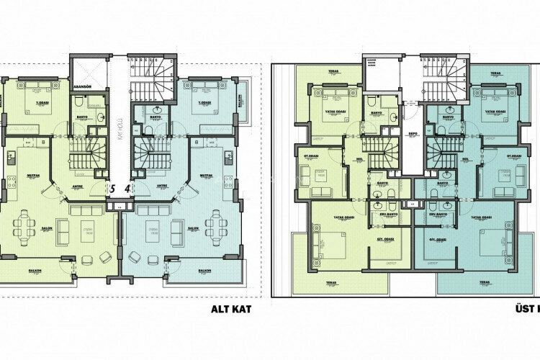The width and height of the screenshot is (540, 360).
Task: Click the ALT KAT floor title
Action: coord(230,310)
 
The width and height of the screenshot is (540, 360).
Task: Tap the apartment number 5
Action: coord(112,189)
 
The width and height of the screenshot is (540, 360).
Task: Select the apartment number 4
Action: coord(127,189)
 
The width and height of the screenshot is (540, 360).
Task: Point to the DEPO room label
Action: coord(413,134)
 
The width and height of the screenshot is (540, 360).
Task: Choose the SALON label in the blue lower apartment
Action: coord(193,229)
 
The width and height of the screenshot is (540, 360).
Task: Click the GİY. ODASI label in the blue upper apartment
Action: coord(436,239)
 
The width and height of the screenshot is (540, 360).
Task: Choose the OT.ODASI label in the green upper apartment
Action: coord(311,156)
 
